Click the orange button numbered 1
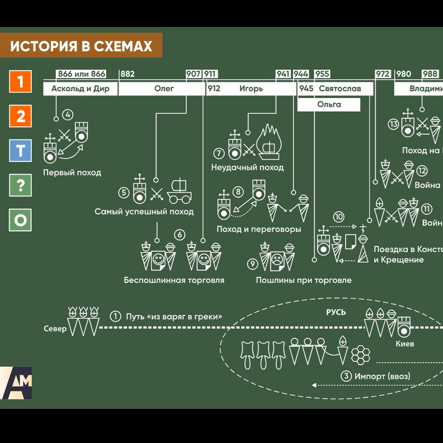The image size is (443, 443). [x=20, y=82]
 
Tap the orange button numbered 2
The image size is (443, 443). [x=20, y=117]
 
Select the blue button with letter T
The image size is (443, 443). [x=20, y=151]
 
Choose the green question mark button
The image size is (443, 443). [x=20, y=185]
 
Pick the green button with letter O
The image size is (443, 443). [x=20, y=220]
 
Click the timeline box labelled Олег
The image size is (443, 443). [x=164, y=89]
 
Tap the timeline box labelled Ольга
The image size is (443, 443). [x=329, y=105]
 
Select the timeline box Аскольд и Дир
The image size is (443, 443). [x=81, y=89]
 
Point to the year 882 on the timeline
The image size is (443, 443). [x=128, y=74]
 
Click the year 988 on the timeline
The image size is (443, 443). [x=430, y=74]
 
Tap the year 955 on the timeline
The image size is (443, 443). [x=322, y=74]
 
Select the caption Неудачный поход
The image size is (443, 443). [x=247, y=168]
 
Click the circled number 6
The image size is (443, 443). [x=179, y=235]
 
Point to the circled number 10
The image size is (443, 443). [x=339, y=217]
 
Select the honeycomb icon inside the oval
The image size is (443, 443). [x=361, y=354]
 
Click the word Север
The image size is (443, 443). [x=55, y=329]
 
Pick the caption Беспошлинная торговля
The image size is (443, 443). [x=174, y=280]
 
